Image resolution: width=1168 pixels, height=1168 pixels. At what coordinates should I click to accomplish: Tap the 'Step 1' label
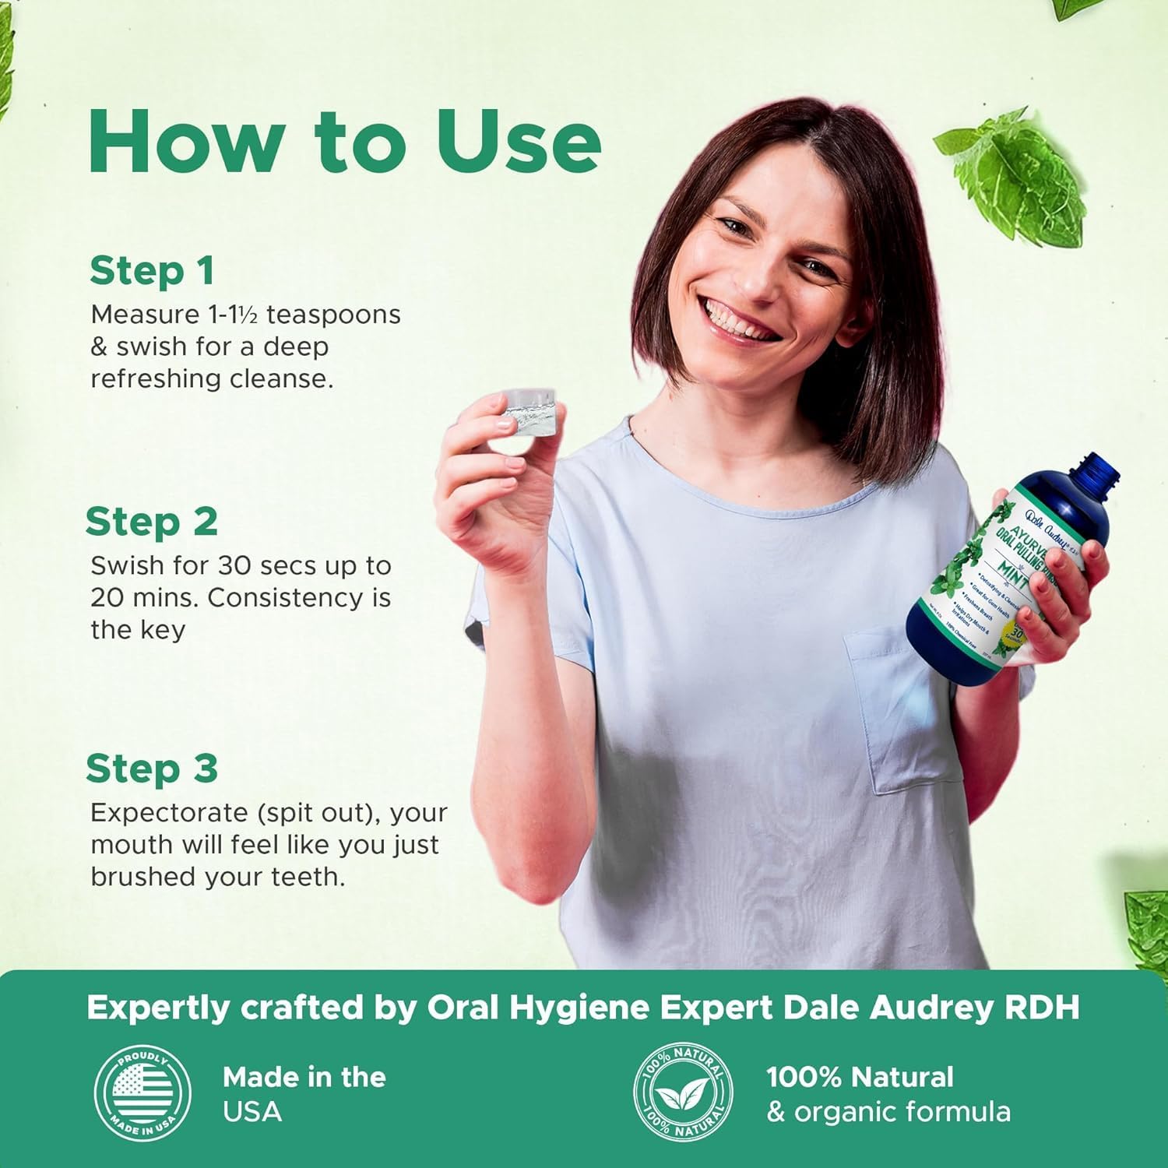tap(151, 270)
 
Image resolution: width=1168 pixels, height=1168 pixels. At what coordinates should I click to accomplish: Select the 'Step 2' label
tap(151, 521)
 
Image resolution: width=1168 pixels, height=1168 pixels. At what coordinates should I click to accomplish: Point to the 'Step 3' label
tap(151, 768)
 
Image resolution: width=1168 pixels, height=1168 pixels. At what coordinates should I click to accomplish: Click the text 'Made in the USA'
tap(304, 1093)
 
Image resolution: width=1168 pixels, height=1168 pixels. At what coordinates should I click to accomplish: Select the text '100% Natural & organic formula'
tap(888, 1093)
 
